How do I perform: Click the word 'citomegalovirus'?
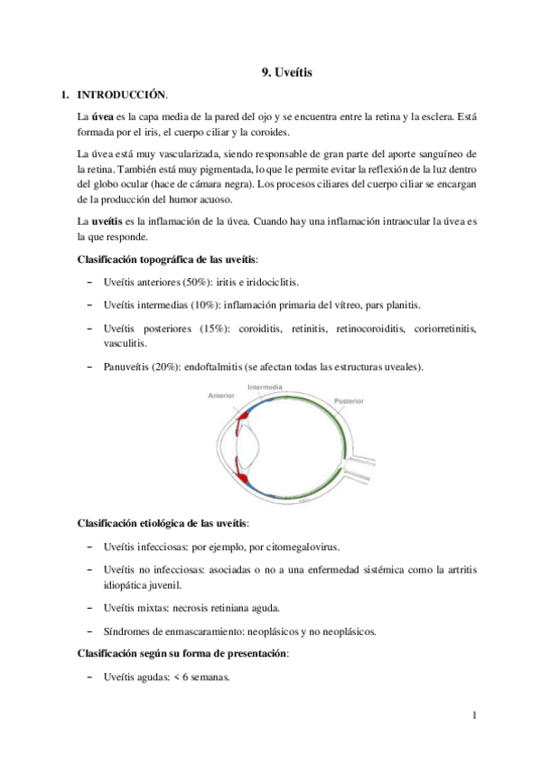pos(302,546)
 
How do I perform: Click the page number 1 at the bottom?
pos(473,717)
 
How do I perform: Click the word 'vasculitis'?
pos(126,343)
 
